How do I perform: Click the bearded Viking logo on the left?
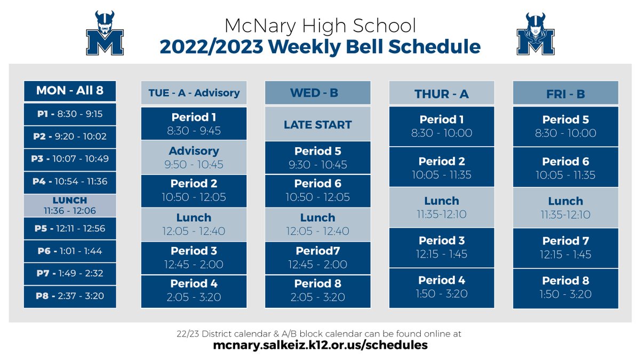click(105, 34)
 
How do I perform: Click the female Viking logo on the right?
click(535, 34)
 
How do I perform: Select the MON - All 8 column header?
click(70, 91)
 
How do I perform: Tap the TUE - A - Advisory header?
click(194, 93)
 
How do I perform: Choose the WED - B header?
click(317, 93)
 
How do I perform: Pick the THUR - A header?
click(442, 93)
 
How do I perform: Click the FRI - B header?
click(565, 93)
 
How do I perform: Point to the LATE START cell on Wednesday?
click(317, 125)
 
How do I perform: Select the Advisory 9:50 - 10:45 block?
click(194, 157)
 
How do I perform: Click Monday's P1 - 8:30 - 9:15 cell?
click(70, 114)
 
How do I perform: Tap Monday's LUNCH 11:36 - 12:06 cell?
click(70, 205)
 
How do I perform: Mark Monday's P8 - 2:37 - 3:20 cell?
click(70, 297)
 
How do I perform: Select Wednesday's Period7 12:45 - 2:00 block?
click(317, 258)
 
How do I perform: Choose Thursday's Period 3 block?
click(442, 247)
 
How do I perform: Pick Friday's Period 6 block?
click(565, 167)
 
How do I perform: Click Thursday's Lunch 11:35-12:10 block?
click(442, 207)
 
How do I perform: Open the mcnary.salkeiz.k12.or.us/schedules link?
click(320, 345)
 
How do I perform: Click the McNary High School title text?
click(320, 26)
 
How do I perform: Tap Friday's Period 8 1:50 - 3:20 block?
click(565, 287)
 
